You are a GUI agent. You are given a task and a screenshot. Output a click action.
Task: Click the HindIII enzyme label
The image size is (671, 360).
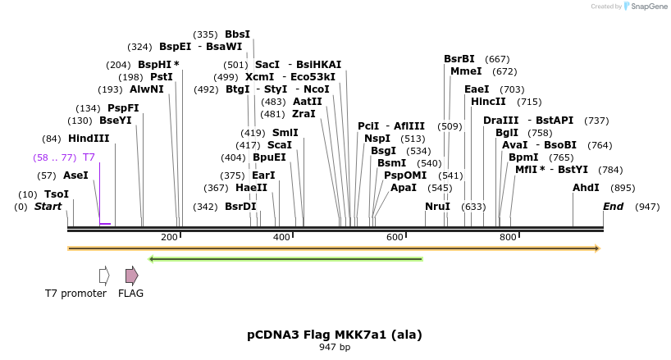point(89,139)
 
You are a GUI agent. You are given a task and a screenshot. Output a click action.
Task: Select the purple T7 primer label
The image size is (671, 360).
point(89,157)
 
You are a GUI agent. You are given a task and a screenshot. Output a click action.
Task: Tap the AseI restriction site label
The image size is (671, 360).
point(75,175)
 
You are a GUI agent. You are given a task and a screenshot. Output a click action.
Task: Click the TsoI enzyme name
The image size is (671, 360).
point(57,194)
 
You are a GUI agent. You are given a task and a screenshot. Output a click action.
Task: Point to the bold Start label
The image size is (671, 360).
point(48,207)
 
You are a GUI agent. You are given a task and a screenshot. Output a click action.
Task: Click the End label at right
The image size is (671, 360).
point(614,207)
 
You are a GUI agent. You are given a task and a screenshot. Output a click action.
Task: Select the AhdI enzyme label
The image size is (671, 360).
point(586,188)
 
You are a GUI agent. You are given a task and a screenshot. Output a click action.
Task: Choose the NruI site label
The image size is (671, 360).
point(437,207)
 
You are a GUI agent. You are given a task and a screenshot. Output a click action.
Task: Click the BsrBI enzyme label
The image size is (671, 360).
point(459,59)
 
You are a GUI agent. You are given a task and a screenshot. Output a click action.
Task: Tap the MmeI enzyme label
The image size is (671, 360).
point(466,71)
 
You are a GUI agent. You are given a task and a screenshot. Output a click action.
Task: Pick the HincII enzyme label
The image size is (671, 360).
point(488,102)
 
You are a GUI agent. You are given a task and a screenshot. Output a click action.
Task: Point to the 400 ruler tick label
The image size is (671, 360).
point(282,237)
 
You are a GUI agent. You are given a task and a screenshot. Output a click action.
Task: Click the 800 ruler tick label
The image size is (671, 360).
point(508,237)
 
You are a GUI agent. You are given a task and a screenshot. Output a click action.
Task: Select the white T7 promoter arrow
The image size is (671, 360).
point(104,276)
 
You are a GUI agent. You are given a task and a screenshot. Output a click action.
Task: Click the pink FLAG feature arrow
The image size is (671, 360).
point(131,276)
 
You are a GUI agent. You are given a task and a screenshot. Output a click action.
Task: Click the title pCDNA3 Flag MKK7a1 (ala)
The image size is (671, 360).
point(335,335)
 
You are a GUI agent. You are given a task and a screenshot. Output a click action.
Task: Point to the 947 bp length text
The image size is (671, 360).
point(335,348)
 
